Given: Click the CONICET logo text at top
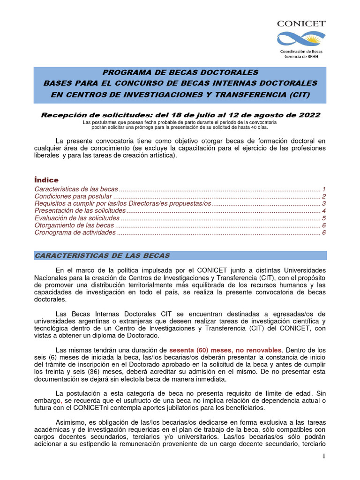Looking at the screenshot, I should pyautogui.click(x=301, y=23).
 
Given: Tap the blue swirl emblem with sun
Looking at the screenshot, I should pyautogui.click(x=301, y=39).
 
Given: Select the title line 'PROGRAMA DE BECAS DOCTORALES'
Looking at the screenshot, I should pyautogui.click(x=180, y=73).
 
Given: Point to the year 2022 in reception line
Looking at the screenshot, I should pyautogui.click(x=310, y=115).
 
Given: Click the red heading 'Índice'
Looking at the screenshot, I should pyautogui.click(x=46, y=180).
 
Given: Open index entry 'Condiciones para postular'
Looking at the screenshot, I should pyautogui.click(x=74, y=196).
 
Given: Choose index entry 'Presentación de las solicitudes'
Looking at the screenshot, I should pyautogui.click(x=80, y=211).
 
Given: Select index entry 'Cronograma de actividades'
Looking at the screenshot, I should pyautogui.click(x=75, y=233).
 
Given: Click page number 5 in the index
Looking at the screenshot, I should pyautogui.click(x=324, y=218).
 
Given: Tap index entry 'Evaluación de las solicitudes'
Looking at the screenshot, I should pyautogui.click(x=77, y=218).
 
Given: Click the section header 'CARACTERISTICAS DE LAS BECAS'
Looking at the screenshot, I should pyautogui.click(x=102, y=255).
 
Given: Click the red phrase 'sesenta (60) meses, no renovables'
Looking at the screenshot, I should pyautogui.click(x=225, y=350).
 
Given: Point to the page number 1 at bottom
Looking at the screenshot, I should pyautogui.click(x=324, y=456).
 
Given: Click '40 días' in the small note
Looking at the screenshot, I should pyautogui.click(x=258, y=127).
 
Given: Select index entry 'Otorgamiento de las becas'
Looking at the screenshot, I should pyautogui.click(x=74, y=225).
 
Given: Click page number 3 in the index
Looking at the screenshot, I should pyautogui.click(x=324, y=204).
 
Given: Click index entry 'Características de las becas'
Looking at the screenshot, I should pyautogui.click(x=76, y=189).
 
